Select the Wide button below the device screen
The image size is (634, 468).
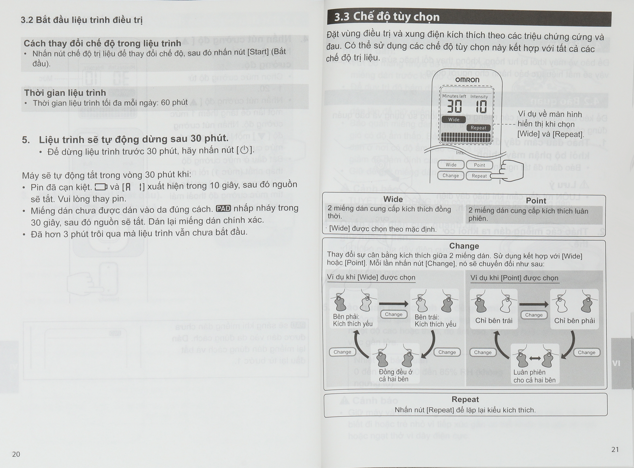click(x=451, y=165)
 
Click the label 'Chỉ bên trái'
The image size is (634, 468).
click(x=494, y=321)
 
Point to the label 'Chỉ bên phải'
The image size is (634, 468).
click(x=574, y=321)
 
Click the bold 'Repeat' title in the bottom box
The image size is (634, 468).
click(x=465, y=399)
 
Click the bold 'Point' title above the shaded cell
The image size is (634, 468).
click(x=536, y=201)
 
